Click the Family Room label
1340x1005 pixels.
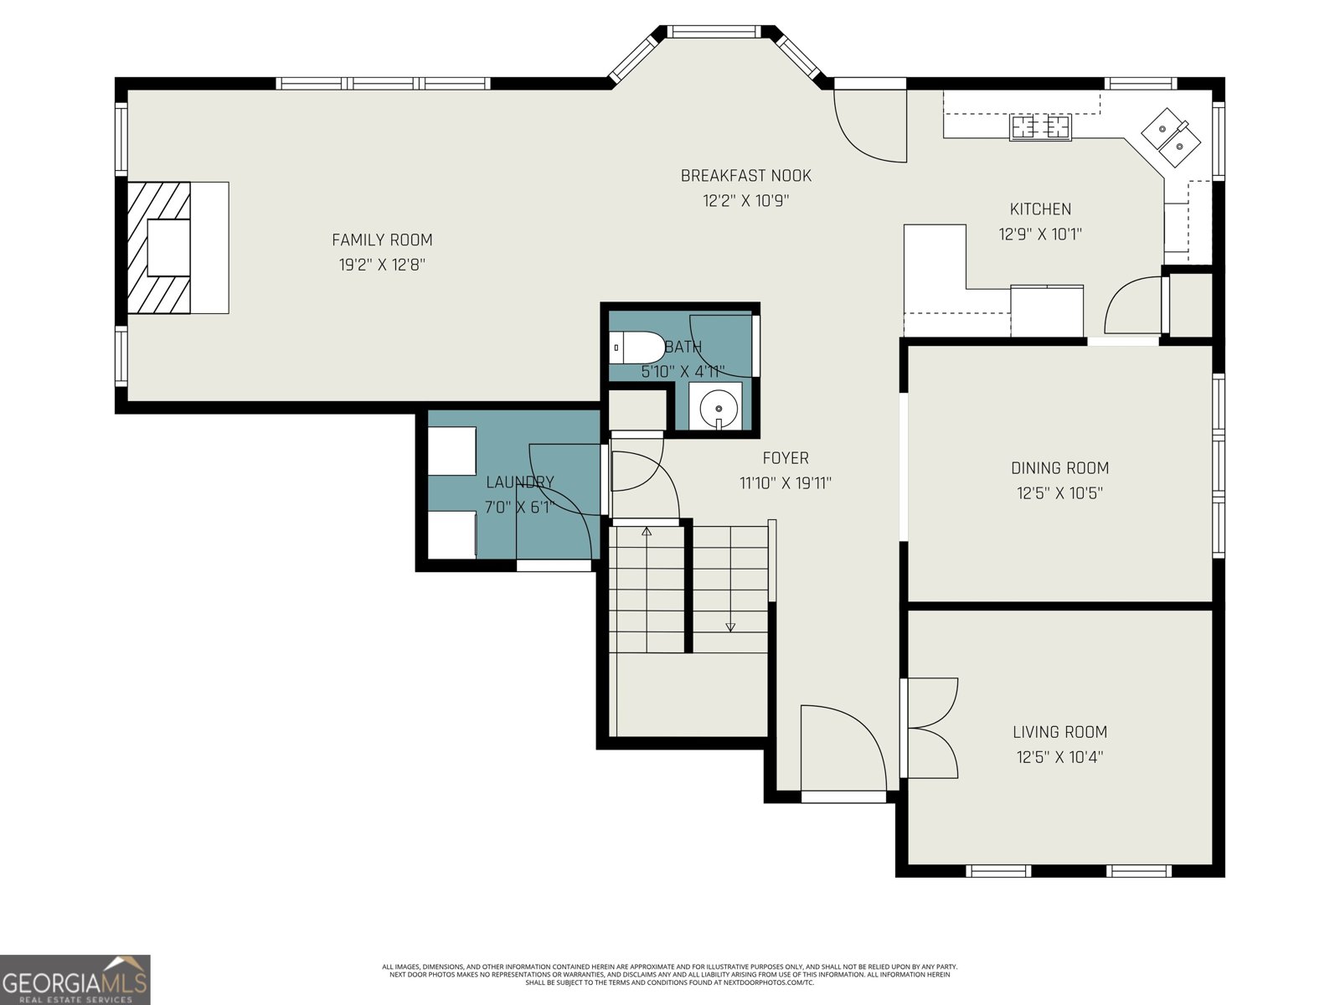point(382,240)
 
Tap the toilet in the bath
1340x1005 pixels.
point(636,346)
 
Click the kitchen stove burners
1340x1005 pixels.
point(1041,127)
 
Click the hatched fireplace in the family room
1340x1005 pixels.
point(159,247)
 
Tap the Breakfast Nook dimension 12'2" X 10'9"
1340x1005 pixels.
point(745,201)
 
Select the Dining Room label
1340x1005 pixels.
point(1059,468)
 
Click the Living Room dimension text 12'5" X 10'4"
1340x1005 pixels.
point(1059,757)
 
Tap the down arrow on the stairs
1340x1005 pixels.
point(730,626)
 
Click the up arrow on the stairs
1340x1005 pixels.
point(646,531)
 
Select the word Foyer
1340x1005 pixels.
point(785,458)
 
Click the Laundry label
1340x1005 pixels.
point(519,482)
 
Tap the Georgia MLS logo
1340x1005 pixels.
point(75,980)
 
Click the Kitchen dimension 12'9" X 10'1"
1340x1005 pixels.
point(1040,234)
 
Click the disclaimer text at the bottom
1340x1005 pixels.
point(670,974)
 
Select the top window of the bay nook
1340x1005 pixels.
point(718,32)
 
